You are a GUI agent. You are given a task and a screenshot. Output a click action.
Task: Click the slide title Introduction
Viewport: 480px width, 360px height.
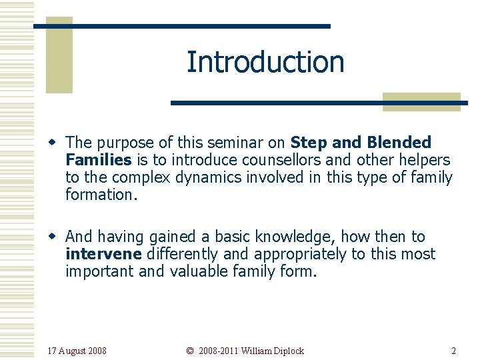pyautogui.click(x=265, y=62)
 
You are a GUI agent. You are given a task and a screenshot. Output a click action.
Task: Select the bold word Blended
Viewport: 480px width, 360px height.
pyautogui.click(x=399, y=143)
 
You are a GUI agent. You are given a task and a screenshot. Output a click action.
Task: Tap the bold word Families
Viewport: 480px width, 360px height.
pyautogui.click(x=98, y=160)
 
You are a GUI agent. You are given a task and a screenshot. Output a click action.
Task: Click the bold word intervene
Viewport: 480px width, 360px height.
pyautogui.click(x=103, y=254)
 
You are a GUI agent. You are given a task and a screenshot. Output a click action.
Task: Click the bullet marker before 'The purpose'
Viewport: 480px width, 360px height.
pyautogui.click(x=57, y=143)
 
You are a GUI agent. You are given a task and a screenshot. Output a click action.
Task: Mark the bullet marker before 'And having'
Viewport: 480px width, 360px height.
pyautogui.click(x=57, y=237)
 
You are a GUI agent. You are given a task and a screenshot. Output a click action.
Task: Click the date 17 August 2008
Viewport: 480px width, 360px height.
pyautogui.click(x=77, y=351)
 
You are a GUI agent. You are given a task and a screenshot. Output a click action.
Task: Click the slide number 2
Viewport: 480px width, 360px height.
pyautogui.click(x=453, y=351)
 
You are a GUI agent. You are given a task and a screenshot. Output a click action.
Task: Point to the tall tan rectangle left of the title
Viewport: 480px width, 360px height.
pyautogui.click(x=59, y=55)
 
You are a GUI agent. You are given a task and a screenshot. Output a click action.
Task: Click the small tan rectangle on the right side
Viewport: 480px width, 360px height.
pyautogui.click(x=421, y=101)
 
